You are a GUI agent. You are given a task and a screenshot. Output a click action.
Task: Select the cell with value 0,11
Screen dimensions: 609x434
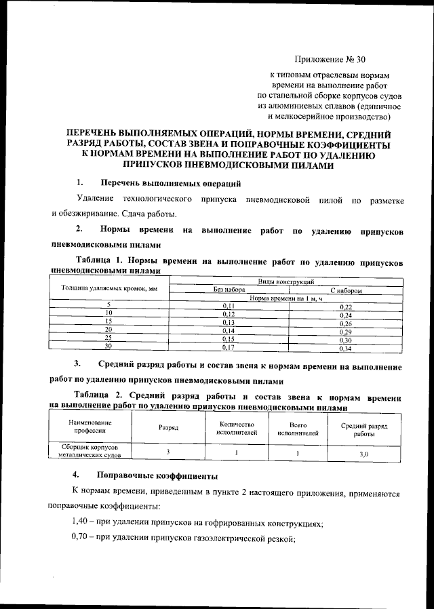click(229, 307)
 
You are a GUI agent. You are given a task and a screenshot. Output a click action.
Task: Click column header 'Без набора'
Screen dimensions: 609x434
click(229, 290)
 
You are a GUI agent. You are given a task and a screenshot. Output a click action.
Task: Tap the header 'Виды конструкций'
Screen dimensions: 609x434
click(285, 281)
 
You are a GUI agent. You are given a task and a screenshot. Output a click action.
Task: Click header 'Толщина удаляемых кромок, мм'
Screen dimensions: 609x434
click(109, 289)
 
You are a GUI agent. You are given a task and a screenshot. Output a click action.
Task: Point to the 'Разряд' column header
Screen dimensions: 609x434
click(168, 428)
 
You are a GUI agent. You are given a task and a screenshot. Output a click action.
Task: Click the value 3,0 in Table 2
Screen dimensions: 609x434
click(363, 454)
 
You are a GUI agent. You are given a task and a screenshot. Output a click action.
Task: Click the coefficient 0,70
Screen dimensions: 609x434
click(83, 539)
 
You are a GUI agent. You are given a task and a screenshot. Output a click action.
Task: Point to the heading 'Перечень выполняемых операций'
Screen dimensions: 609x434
click(170, 183)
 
